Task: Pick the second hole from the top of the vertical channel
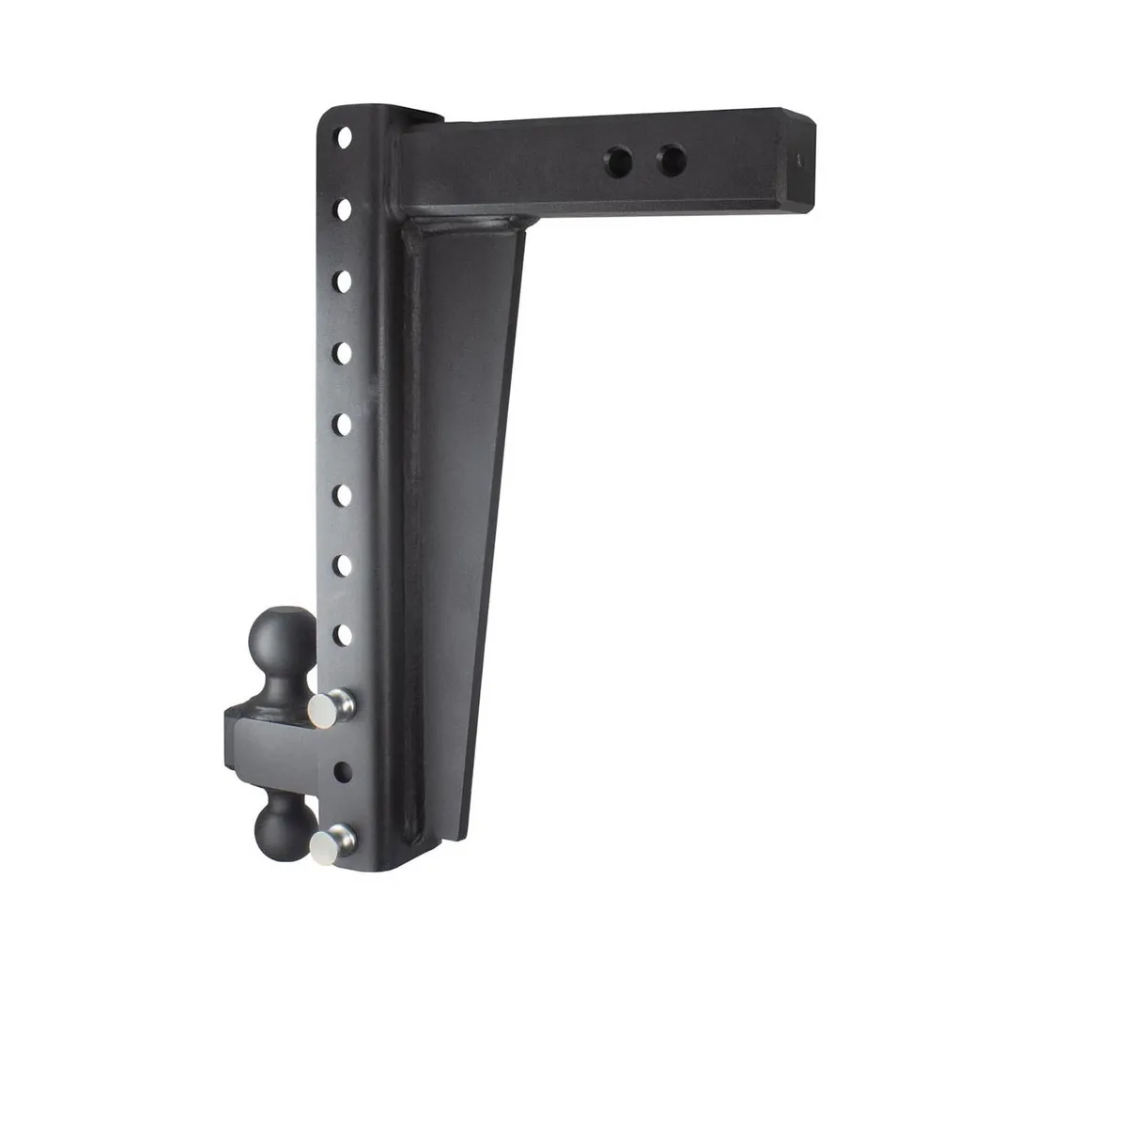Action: pos(345,208)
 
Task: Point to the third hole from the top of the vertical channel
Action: pos(345,280)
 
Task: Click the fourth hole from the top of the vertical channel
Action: pos(345,351)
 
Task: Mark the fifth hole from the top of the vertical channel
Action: pos(345,423)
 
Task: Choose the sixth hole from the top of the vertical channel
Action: pos(345,493)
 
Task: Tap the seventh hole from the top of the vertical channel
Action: pos(345,563)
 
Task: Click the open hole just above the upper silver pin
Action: pos(345,635)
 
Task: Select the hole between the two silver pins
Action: pos(344,772)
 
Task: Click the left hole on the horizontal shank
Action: pos(620,158)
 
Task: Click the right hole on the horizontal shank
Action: pos(671,158)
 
